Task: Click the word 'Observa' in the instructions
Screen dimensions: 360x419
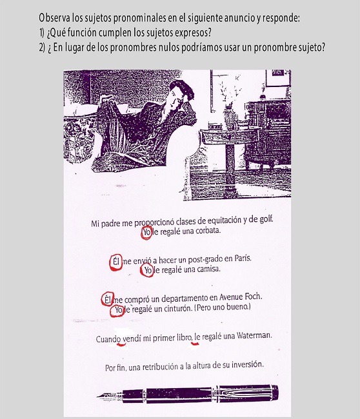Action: click(55, 18)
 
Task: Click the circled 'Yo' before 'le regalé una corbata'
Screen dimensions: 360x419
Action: click(146, 233)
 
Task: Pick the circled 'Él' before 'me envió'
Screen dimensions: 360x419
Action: click(115, 262)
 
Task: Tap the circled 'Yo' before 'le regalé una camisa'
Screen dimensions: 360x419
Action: click(147, 270)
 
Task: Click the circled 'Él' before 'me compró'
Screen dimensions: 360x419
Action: click(108, 298)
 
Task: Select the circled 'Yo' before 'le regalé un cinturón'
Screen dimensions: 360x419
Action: click(117, 311)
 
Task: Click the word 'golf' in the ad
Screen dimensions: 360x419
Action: click(266, 220)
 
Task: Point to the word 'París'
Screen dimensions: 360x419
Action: click(243, 258)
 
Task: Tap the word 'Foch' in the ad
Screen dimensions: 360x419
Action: click(254, 297)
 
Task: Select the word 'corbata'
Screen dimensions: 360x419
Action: click(208, 230)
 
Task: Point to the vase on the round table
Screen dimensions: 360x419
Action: click(229, 118)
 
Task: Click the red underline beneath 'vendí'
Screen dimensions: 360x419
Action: click(121, 345)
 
